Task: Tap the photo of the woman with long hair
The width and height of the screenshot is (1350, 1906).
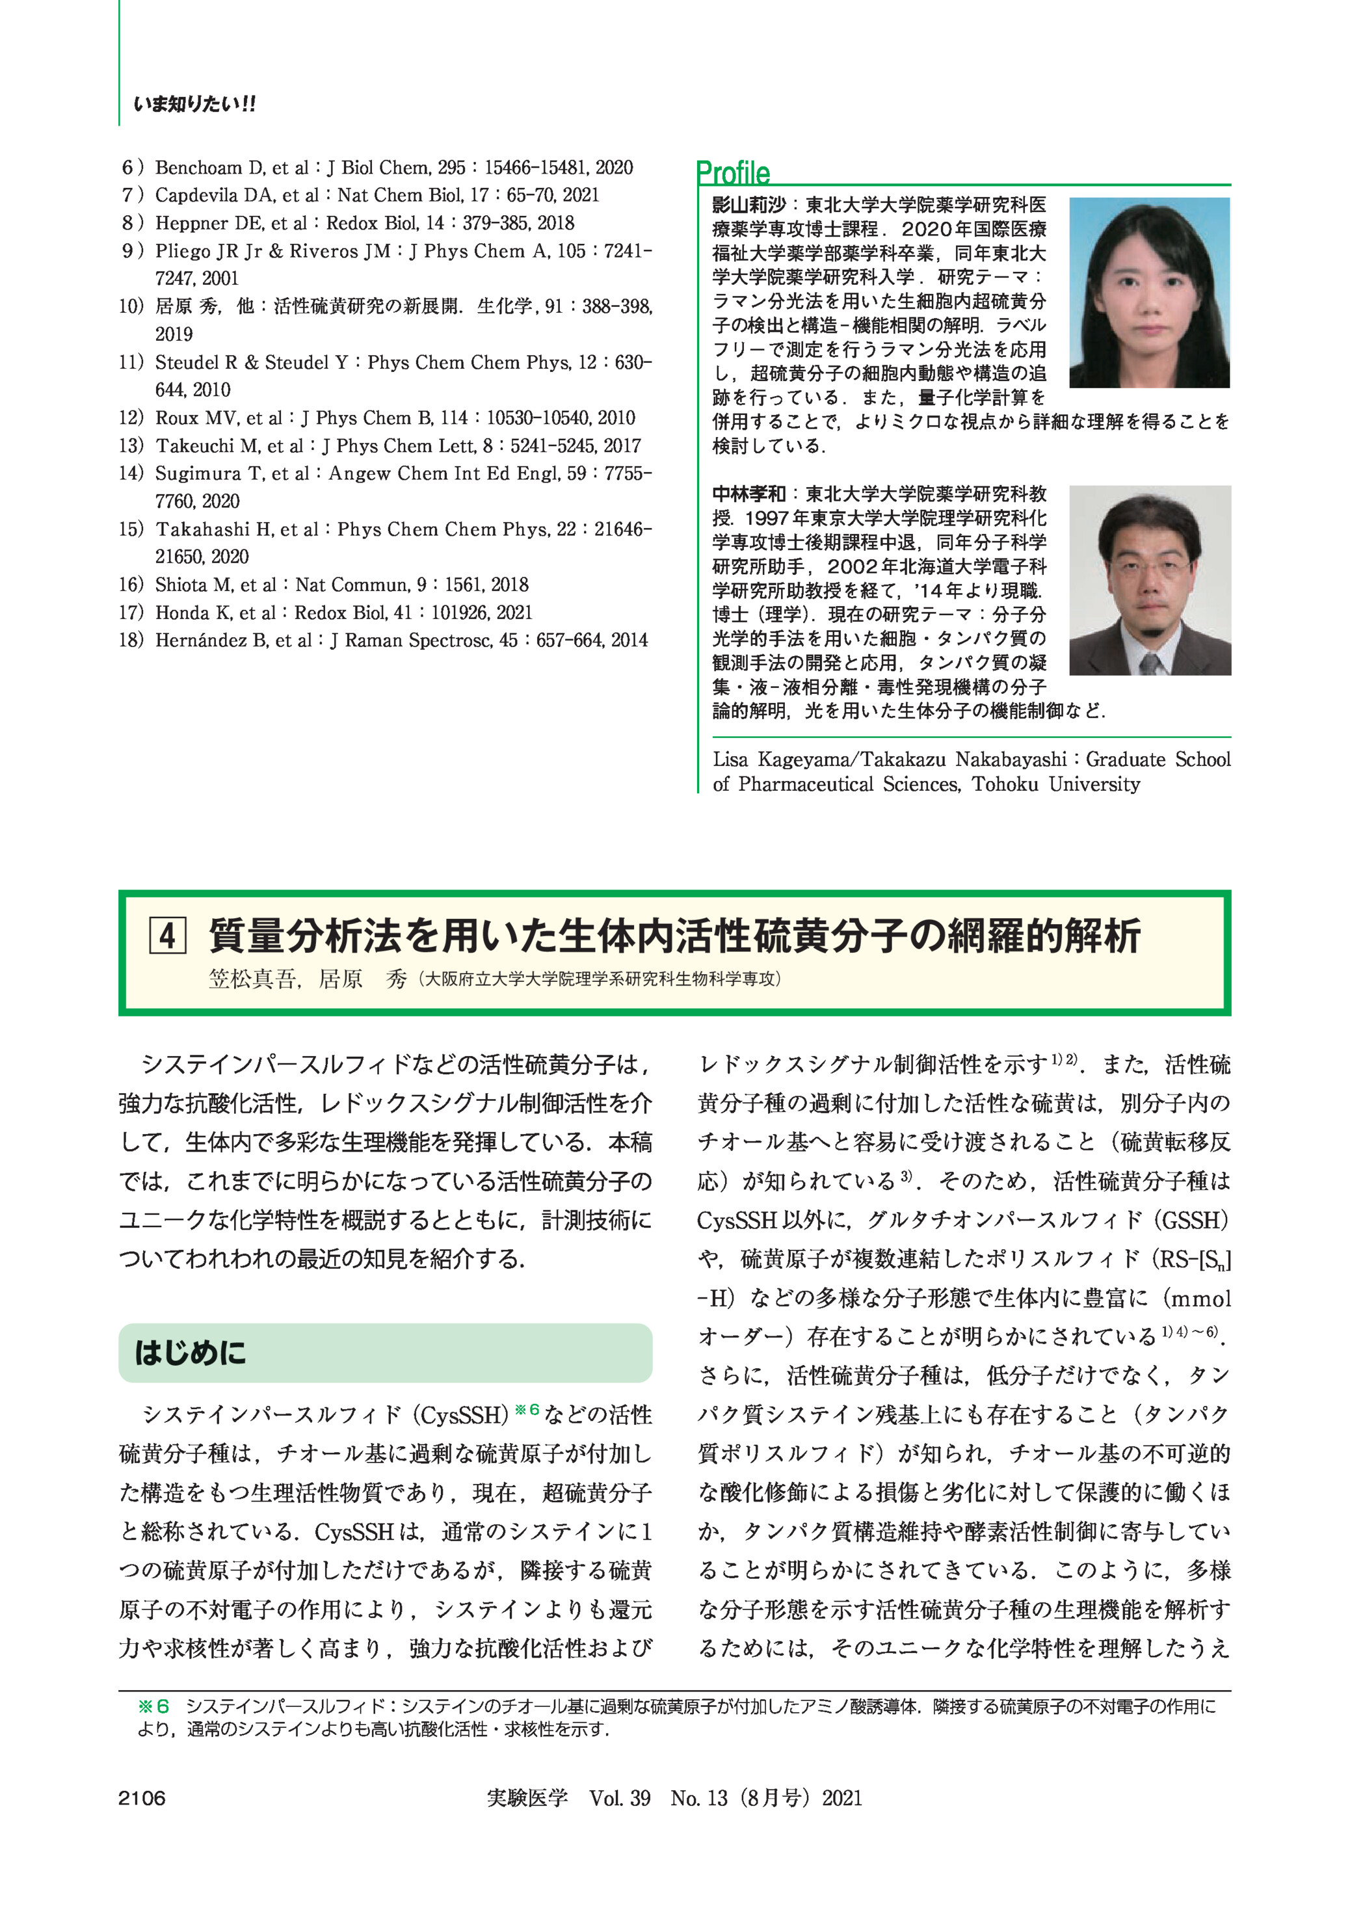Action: point(1149,292)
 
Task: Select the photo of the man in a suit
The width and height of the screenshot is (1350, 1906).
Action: point(1150,579)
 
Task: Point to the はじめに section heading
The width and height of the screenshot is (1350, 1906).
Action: point(191,1353)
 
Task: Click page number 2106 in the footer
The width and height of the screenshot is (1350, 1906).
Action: point(142,1798)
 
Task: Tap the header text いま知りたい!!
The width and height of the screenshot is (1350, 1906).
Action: point(194,105)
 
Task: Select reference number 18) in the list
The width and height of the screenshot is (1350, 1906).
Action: point(131,640)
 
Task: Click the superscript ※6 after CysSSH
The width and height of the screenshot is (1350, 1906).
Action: point(527,1410)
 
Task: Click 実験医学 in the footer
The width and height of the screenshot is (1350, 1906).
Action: point(527,1798)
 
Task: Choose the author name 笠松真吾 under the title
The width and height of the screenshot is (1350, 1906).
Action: point(252,979)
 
